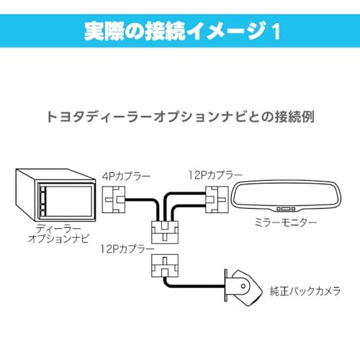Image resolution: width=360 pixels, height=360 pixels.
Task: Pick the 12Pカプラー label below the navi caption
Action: (x=128, y=248)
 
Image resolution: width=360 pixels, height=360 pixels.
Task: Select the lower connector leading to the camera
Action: (x=165, y=266)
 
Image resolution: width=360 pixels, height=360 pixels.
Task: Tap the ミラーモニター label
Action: (x=287, y=223)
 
